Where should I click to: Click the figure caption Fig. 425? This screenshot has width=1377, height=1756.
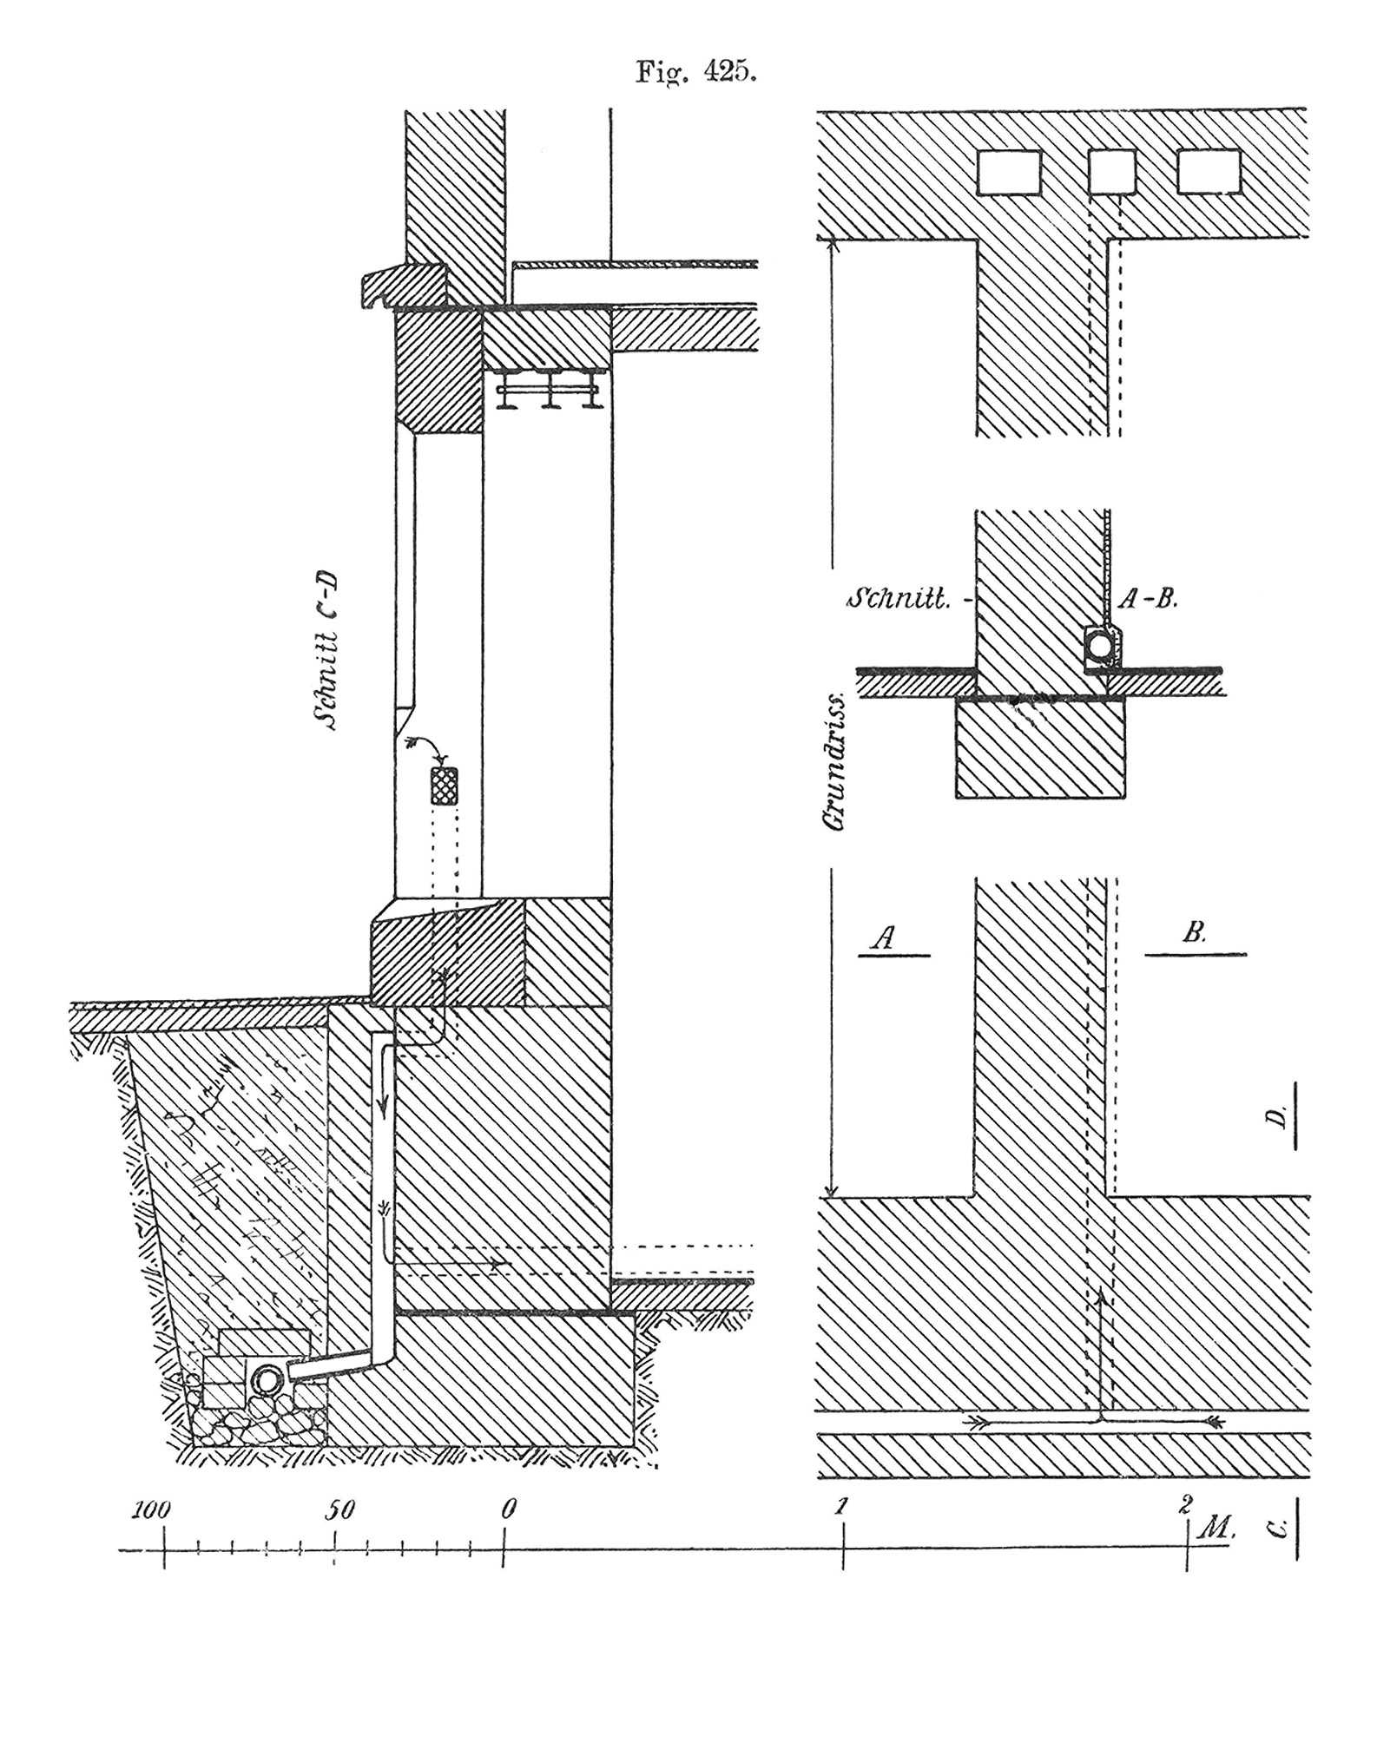pos(696,71)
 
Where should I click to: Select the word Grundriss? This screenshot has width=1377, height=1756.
pos(837,760)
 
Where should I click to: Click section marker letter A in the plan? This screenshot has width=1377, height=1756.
pos(884,937)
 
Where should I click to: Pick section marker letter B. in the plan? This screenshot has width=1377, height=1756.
pos(1195,933)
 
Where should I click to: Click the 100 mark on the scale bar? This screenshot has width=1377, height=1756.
pos(151,1509)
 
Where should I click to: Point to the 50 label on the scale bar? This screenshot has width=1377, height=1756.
pos(339,1509)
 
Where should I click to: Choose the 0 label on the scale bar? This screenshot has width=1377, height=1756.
pos(509,1509)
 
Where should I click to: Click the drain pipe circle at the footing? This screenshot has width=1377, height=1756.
pos(268,1380)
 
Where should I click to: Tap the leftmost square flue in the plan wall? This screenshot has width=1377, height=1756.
pos(1009,171)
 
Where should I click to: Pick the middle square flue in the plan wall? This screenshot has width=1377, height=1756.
pos(1111,171)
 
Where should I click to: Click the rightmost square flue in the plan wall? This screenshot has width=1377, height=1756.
pos(1209,171)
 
